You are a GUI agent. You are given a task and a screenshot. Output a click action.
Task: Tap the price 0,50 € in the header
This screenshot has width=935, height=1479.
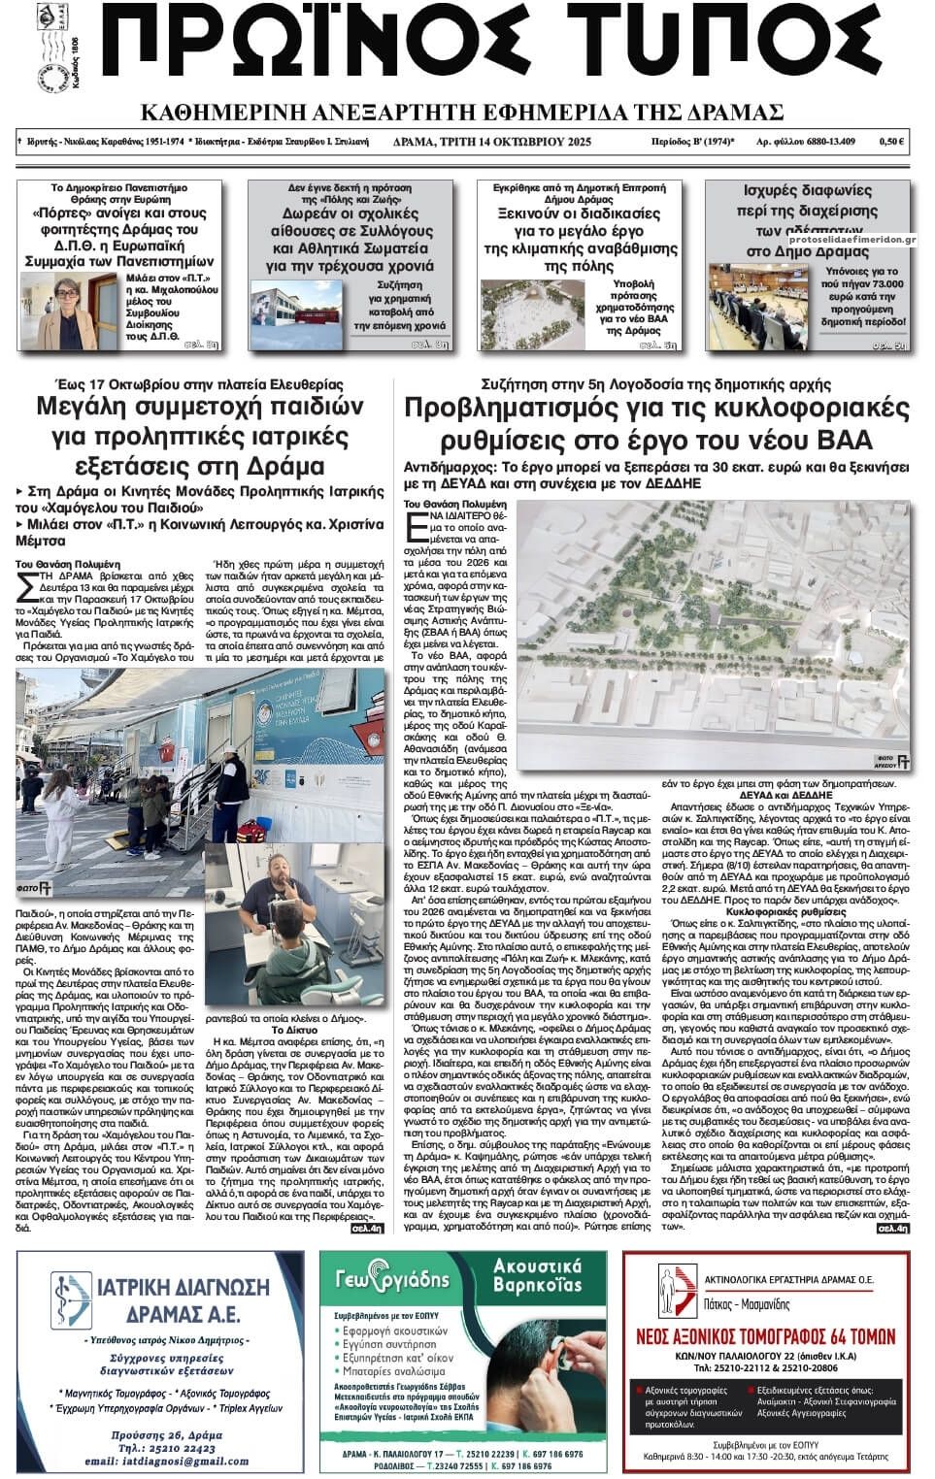click(892, 142)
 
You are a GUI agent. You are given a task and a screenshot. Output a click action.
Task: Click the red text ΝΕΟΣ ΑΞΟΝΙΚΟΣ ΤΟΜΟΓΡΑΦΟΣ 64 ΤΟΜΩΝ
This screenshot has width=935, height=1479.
click(765, 1337)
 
